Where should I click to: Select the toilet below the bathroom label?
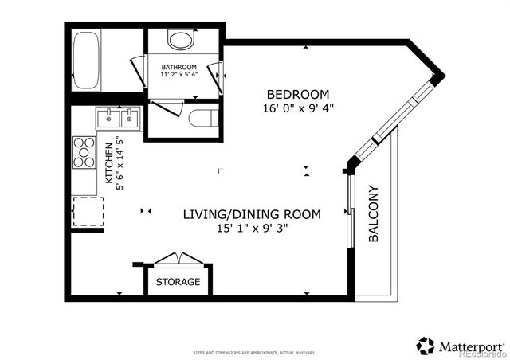pos(202,119)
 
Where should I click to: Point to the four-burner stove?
pos(84,151)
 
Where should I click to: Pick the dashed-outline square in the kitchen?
pos(88,212)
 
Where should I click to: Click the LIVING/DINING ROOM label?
pos(252,213)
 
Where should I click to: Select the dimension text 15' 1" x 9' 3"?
pos(252,229)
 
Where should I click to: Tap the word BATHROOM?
pos(178,67)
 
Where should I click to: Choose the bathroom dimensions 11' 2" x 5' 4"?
pos(178,76)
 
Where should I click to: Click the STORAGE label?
pos(178,282)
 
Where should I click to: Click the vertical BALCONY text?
pos(373,213)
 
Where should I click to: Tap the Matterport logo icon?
pos(426,346)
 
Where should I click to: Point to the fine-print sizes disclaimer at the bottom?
pos(253,352)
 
